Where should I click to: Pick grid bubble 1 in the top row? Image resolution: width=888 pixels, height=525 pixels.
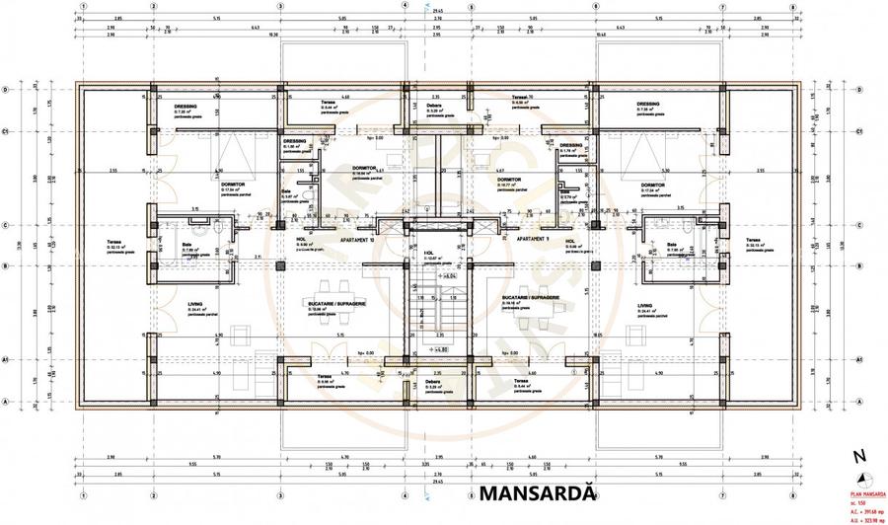(84, 5)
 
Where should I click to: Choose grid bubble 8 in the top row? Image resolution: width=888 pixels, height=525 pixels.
(792, 5)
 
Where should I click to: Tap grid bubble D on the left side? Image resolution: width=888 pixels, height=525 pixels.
(7, 90)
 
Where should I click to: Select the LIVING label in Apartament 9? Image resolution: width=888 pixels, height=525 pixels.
(644, 306)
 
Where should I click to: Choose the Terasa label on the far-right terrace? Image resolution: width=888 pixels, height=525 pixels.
(753, 241)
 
